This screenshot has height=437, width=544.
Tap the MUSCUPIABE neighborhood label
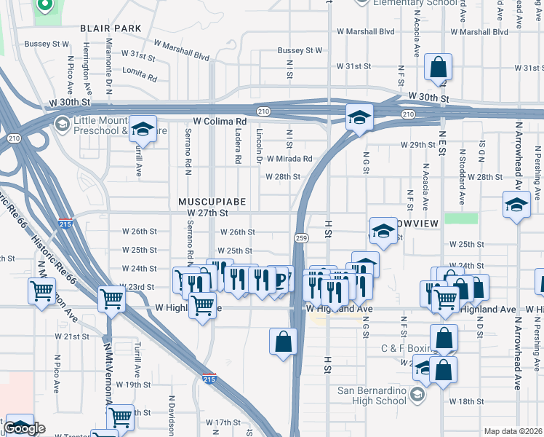point(212,200)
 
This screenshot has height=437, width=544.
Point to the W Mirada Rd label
point(289,159)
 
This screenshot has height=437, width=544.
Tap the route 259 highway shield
point(300,238)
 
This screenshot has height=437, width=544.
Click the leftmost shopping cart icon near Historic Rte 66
point(42,291)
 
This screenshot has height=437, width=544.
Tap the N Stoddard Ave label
point(461,177)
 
